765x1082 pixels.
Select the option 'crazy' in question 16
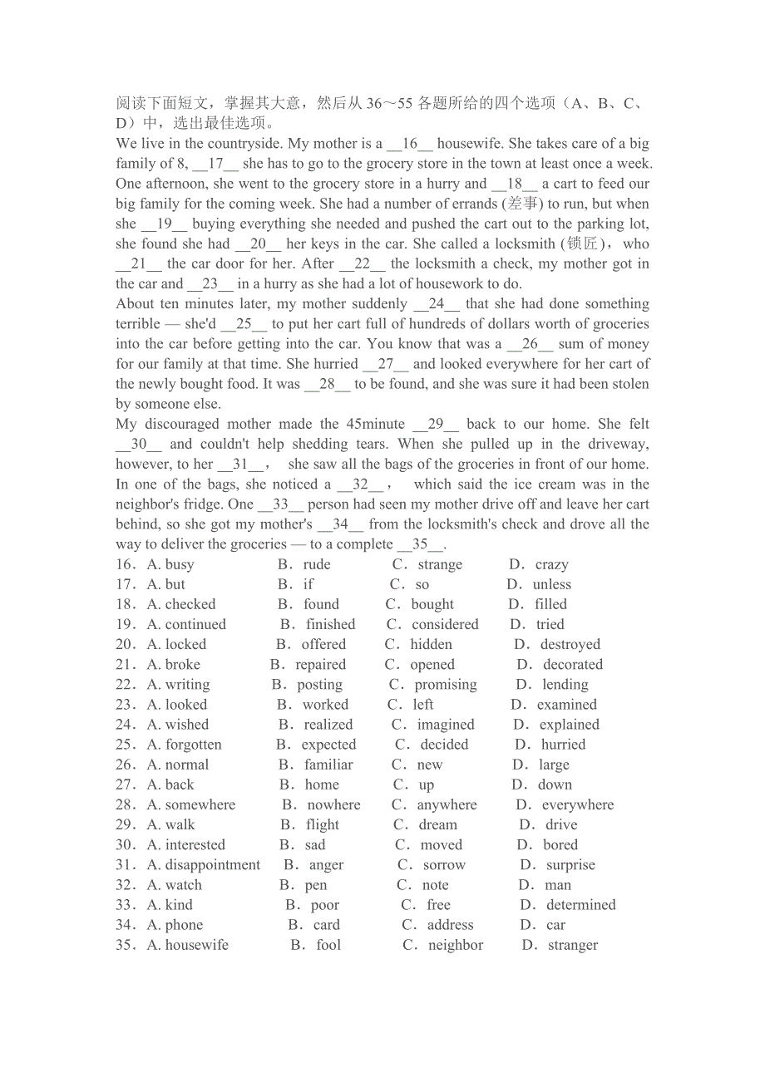coord(551,565)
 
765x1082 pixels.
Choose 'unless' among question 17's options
coord(551,585)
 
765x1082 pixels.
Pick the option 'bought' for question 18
coord(432,605)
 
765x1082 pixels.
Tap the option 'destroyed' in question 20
coord(570,645)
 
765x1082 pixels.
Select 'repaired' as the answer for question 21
coord(320,665)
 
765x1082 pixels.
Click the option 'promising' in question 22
coord(446,685)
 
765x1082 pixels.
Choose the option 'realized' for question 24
coord(328,725)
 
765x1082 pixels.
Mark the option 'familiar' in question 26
coord(328,765)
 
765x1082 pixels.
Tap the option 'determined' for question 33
coord(580,905)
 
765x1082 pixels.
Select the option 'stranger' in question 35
coord(573,945)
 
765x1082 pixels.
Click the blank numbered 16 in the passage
coord(410,144)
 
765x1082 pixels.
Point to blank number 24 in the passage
coord(437,304)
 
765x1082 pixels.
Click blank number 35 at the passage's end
coord(421,544)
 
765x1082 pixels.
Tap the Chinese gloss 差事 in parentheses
coord(522,204)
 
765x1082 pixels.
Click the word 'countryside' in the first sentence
coord(234,144)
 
